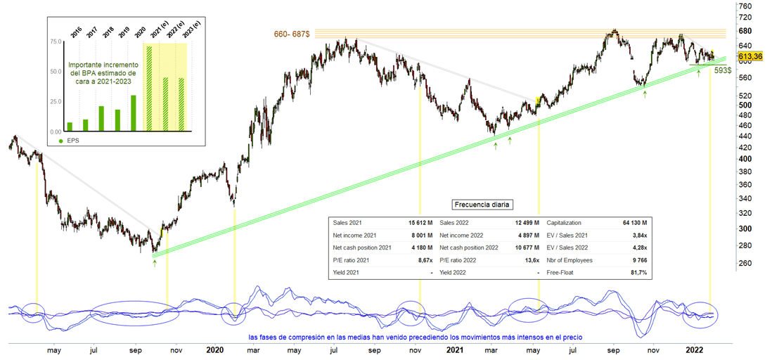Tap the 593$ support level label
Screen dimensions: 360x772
pos(723,70)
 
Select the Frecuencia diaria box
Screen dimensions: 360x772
pos(483,205)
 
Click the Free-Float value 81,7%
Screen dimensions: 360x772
pos(638,272)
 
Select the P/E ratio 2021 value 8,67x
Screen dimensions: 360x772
pos(423,259)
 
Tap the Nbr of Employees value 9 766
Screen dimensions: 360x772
pos(638,259)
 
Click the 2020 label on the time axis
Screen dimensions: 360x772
pos(214,349)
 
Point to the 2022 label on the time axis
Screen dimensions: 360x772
pos(695,349)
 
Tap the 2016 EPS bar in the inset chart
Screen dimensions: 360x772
pos(70,127)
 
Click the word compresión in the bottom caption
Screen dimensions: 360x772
pos(308,337)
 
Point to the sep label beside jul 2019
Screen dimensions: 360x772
pos(136,349)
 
